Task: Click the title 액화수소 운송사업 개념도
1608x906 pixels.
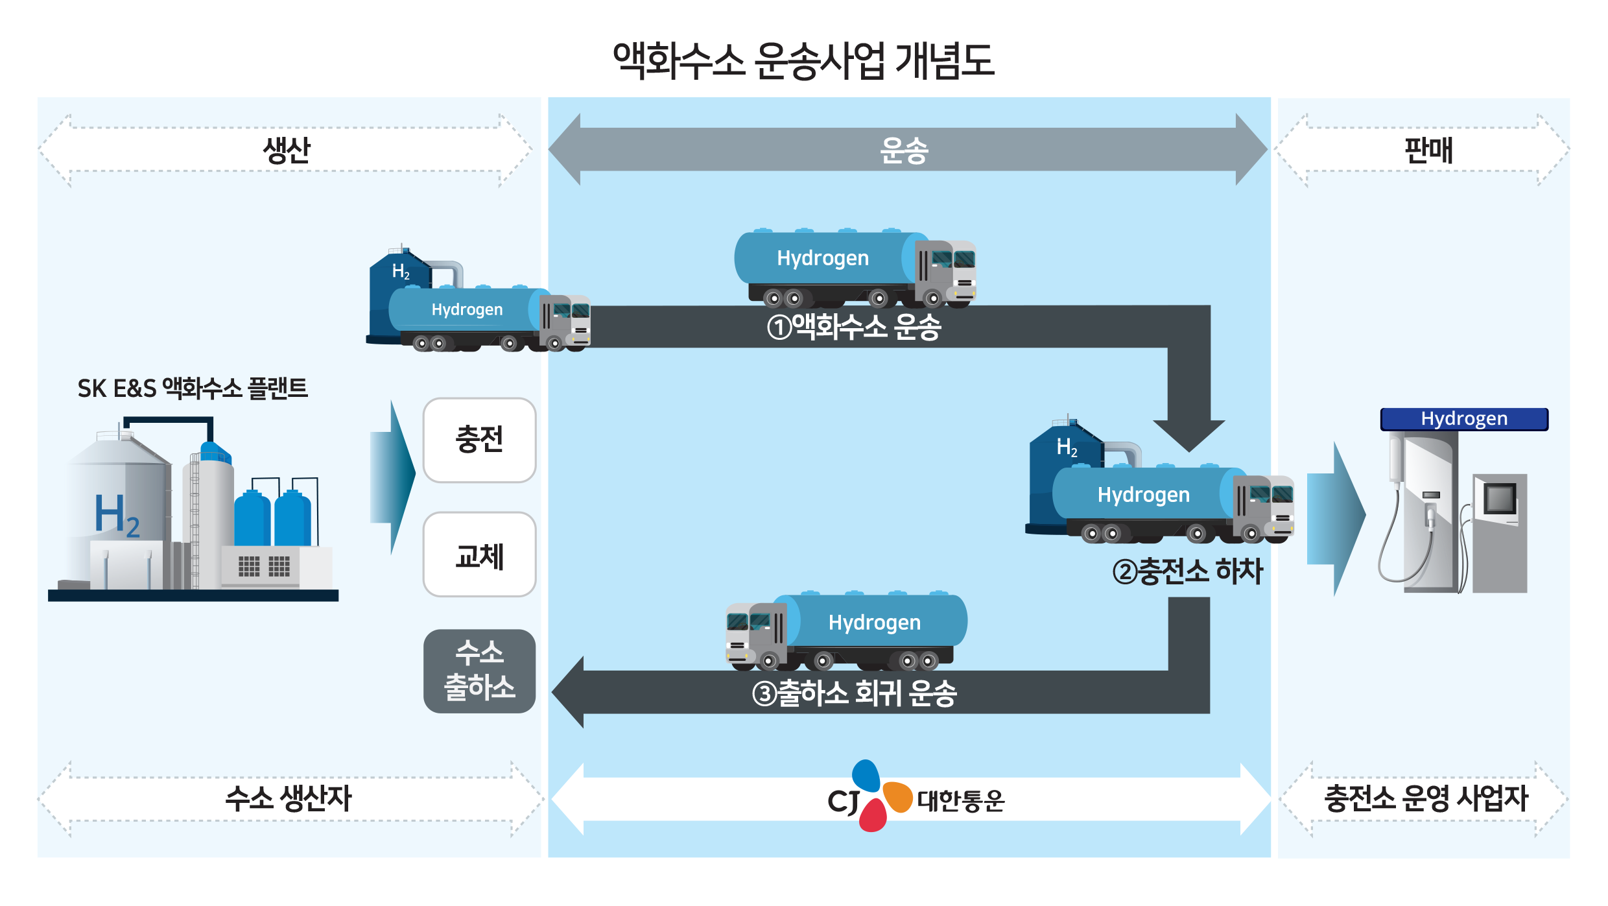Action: (x=803, y=62)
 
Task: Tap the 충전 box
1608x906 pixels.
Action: (x=479, y=440)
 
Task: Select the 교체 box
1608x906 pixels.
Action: (x=479, y=555)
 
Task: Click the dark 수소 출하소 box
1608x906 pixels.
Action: (x=479, y=671)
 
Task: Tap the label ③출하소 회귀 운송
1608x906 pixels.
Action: (x=854, y=693)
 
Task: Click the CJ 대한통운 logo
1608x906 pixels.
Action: (x=914, y=798)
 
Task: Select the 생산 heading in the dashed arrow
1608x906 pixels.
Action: (x=286, y=150)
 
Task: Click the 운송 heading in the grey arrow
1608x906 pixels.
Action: (x=904, y=150)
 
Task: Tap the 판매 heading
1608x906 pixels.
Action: (x=1428, y=150)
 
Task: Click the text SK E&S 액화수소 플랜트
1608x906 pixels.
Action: (x=193, y=388)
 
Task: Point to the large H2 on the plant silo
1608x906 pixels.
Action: (x=117, y=516)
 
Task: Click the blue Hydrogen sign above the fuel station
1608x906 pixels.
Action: (x=1464, y=419)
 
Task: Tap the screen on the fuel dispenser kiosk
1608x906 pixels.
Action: (x=1500, y=499)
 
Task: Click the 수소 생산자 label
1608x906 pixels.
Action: (x=288, y=798)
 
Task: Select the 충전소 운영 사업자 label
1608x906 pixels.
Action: (x=1426, y=798)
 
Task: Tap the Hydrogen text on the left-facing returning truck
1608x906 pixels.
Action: (x=874, y=623)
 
